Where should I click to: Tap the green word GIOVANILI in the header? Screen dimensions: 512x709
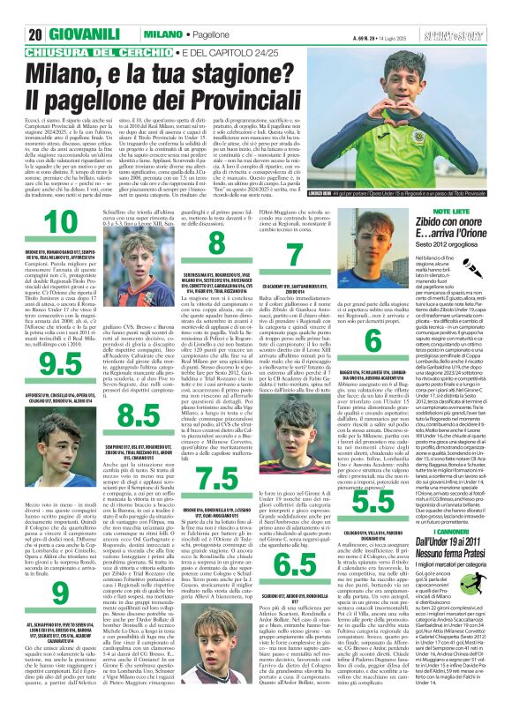pyautogui.click(x=56, y=10)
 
